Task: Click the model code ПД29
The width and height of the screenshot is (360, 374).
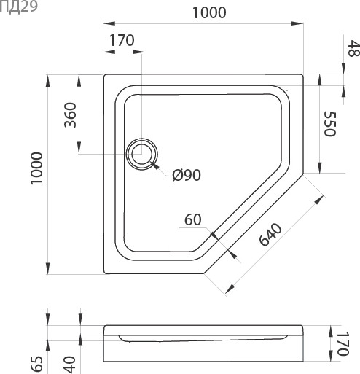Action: pos(15,7)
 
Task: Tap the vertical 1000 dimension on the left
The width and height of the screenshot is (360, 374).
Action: pos(36,173)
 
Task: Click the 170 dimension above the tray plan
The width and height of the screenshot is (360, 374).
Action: pos(122,41)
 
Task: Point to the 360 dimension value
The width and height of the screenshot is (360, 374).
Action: pos(70,114)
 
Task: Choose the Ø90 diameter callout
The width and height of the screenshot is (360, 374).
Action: pos(186,175)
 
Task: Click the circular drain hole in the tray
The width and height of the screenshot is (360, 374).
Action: pos(141,155)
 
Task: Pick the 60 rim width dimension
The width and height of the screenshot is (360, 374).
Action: pos(193,219)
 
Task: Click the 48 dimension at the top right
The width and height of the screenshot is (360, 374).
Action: pos(353,49)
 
